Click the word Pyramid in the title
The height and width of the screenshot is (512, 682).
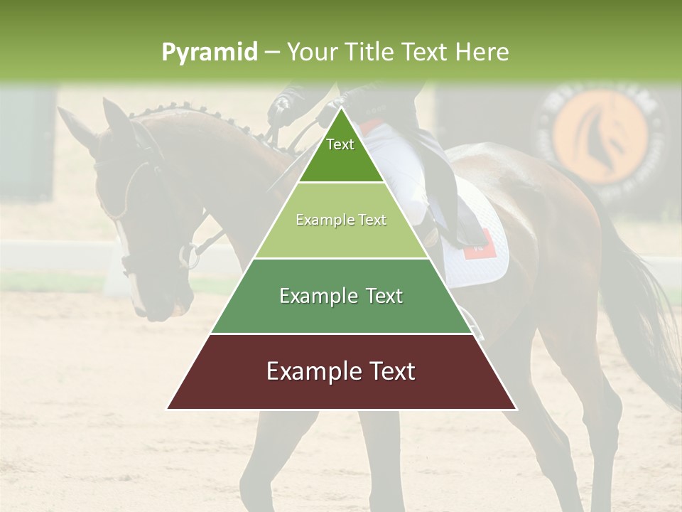[210, 53]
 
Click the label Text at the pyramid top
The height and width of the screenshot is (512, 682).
[340, 144]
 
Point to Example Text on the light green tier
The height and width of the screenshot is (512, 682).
[341, 220]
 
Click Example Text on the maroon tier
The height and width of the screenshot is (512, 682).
[341, 371]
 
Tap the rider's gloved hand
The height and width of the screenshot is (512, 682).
[281, 107]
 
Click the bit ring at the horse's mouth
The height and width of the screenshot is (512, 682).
[189, 256]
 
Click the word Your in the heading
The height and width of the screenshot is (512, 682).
[314, 53]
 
